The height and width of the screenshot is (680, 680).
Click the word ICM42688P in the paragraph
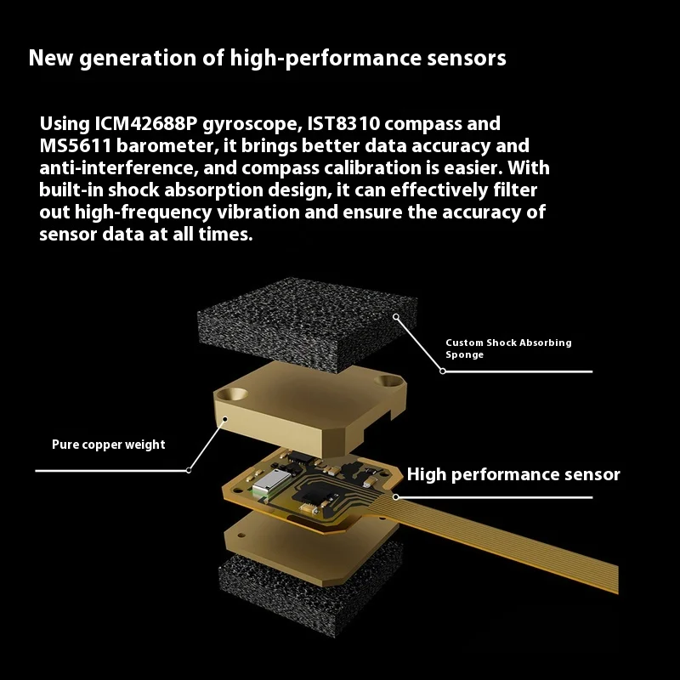click(145, 123)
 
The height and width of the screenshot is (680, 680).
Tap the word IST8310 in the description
click(343, 123)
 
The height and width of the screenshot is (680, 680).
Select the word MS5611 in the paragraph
click(76, 145)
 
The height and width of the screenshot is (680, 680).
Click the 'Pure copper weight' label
click(109, 445)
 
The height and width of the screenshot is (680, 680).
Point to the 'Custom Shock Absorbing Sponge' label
click(508, 348)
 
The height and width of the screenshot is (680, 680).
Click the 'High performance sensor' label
click(513, 474)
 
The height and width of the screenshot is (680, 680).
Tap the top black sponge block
click(307, 323)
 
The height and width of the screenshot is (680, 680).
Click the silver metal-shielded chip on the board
click(271, 482)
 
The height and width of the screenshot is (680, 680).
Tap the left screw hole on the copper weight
click(232, 394)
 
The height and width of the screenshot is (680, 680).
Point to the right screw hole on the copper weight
click(388, 381)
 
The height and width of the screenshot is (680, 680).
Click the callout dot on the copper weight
click(225, 419)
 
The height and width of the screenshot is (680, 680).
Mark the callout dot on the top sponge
click(395, 317)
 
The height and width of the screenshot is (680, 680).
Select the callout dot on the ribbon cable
click(395, 497)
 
